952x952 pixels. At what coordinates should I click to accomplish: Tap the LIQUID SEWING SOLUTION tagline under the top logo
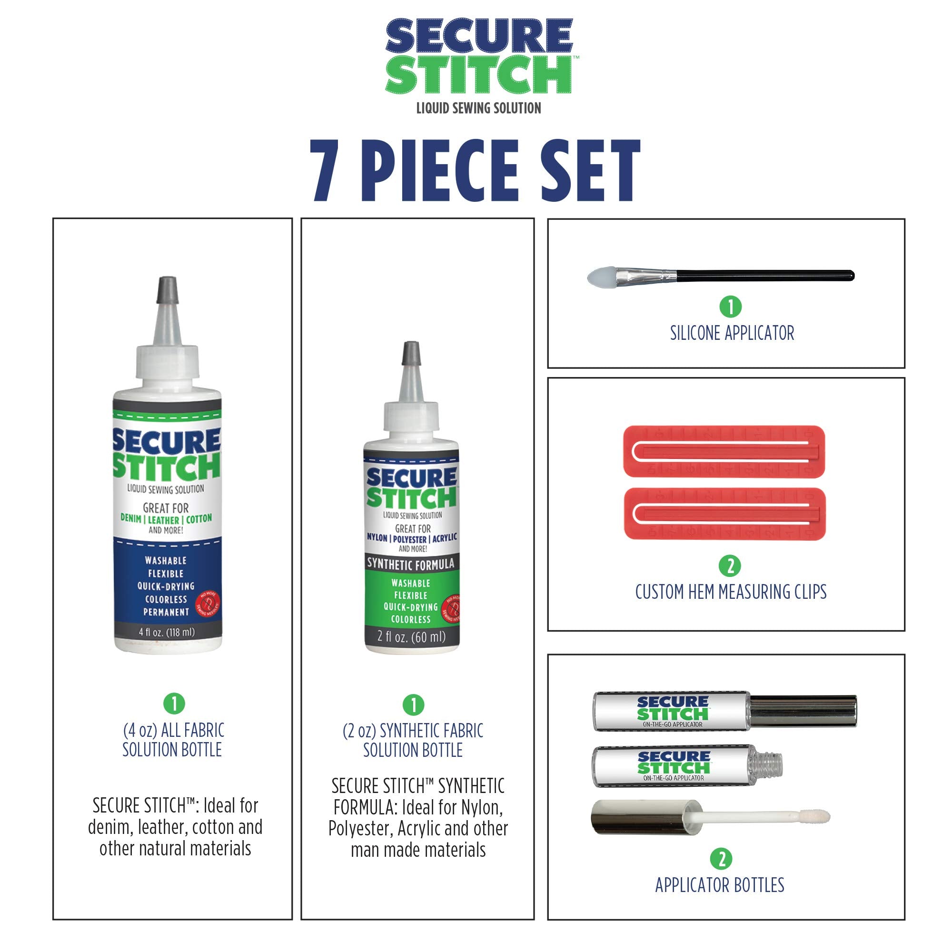point(478,109)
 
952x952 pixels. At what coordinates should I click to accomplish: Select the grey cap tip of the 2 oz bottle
point(411,353)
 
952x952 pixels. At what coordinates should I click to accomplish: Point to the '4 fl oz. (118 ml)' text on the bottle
point(167,632)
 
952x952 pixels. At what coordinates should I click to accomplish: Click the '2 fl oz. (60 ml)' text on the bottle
point(411,636)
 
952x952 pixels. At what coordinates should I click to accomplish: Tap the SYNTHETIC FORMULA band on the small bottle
point(411,564)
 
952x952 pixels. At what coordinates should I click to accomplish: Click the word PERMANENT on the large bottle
point(166,612)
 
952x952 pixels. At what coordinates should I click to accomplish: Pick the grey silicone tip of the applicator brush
point(601,277)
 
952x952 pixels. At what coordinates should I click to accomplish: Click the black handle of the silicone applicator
point(764,276)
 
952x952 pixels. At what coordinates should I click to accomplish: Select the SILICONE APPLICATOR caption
point(732,334)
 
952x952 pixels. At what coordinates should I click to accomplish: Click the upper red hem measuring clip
point(724,451)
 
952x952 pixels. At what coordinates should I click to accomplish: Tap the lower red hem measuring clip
point(724,514)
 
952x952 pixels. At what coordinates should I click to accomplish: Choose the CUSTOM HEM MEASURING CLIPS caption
point(731,592)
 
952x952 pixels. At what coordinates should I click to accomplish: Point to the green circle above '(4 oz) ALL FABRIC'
point(174,703)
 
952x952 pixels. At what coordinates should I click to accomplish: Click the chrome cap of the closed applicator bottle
point(803,711)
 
